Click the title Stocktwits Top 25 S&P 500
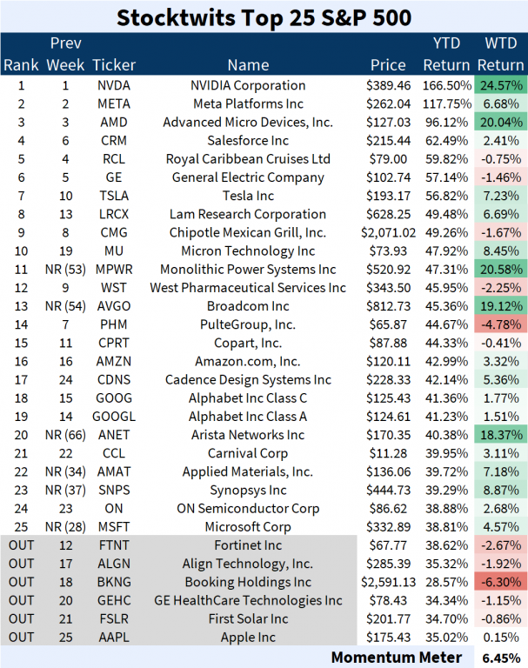coord(264,17)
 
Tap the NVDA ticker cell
coord(114,85)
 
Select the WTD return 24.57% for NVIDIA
coord(500,85)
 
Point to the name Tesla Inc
coord(248,196)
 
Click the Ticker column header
coord(114,64)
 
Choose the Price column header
coord(387,64)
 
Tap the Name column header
coord(248,64)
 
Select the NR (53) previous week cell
coord(65,270)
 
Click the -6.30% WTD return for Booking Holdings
coord(500,582)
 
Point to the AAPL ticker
coord(114,637)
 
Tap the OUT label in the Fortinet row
coord(21,545)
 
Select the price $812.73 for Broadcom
coord(387,306)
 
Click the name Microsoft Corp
coord(248,526)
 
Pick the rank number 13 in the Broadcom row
coord(21,306)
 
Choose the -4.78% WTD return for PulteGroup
coord(500,324)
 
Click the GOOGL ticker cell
coord(114,416)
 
